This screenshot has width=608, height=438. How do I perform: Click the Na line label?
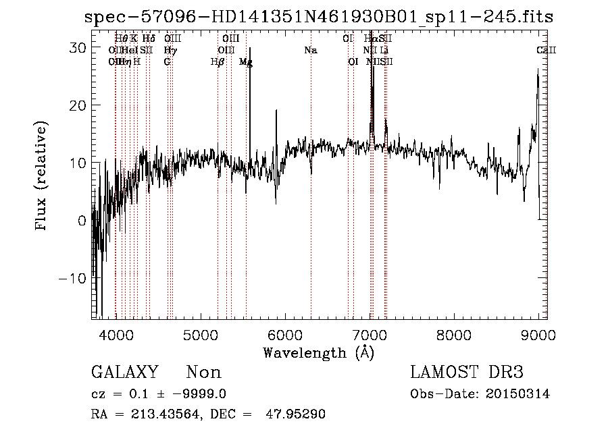pos(311,51)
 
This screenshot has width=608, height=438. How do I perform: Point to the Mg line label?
pos(246,62)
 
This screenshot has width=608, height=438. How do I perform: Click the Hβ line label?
pos(218,62)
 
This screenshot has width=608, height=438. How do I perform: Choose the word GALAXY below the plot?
pos(125,373)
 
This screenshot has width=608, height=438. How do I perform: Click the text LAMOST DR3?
pos(467,373)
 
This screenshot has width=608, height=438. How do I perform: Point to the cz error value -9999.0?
pos(205,394)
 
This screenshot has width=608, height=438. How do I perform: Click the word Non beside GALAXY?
pos(203,373)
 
